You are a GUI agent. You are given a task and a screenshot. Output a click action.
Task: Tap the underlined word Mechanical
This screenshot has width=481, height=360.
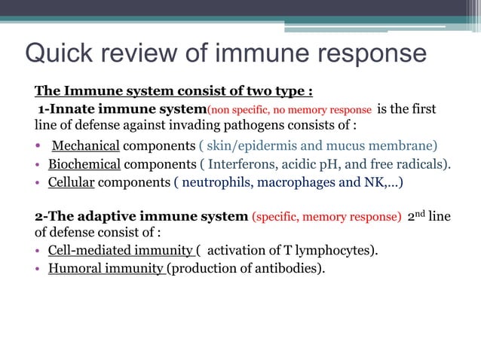coord(85,145)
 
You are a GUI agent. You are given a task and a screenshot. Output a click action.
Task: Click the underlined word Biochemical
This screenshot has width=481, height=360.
coord(84,163)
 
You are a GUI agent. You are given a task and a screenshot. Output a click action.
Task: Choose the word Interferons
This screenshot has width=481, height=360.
coord(241,163)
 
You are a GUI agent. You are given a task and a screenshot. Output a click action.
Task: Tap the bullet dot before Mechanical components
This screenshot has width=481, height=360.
coord(38,146)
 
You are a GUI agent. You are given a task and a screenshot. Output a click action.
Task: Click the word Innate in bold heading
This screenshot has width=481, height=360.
coord(71,109)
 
